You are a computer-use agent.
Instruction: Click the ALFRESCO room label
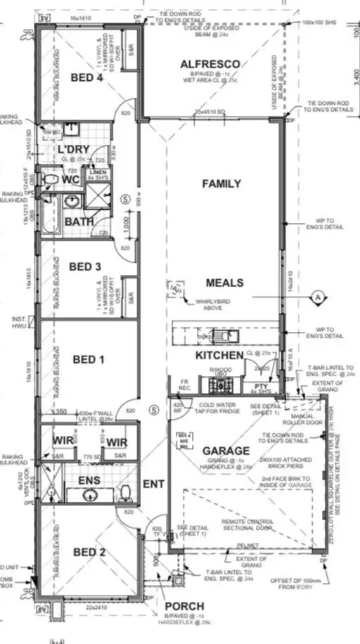[210, 64]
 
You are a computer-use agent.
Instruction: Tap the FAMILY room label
[221, 183]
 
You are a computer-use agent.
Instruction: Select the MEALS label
[224, 283]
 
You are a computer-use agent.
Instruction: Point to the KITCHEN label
[219, 356]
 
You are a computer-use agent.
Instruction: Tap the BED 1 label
[88, 359]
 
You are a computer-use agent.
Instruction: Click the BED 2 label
[88, 552]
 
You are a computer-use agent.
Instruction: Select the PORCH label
[185, 606]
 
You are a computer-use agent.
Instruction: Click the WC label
[71, 179]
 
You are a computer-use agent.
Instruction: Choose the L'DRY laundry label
[72, 150]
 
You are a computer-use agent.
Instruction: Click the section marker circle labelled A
[317, 297]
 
